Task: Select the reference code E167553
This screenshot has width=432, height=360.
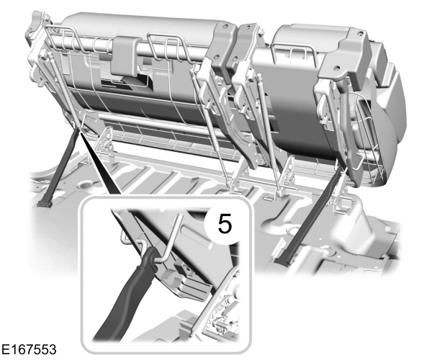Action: click(x=29, y=349)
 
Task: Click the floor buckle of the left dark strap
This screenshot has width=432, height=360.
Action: click(x=45, y=203)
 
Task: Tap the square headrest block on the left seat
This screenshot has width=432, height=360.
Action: click(x=125, y=55)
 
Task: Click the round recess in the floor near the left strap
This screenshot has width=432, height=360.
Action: click(x=86, y=184)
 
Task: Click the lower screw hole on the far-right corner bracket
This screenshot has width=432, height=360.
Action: click(x=337, y=67)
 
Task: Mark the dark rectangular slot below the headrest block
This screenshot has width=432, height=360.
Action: click(x=127, y=82)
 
